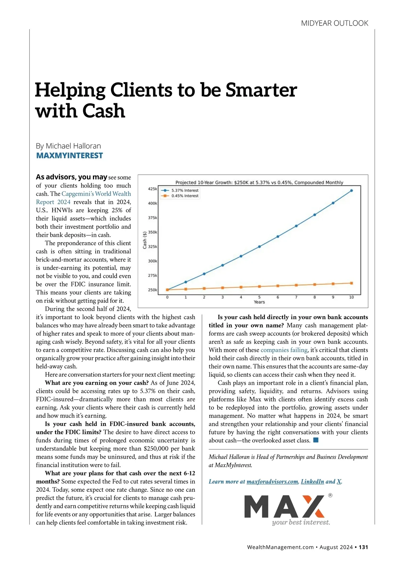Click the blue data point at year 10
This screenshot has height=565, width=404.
[351, 190]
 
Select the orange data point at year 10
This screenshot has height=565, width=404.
[351, 283]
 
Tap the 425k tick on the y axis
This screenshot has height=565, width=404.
[153, 189]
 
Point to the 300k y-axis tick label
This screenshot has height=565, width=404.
[153, 261]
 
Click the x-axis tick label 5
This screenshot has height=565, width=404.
[259, 297]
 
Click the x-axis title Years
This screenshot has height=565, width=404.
[259, 302]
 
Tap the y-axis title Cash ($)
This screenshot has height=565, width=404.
[145, 240]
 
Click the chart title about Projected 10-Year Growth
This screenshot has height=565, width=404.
[259, 182]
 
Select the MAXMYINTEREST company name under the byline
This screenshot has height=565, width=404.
[69, 155]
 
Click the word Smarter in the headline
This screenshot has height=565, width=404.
[261, 90]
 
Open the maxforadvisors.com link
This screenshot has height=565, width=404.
[272, 482]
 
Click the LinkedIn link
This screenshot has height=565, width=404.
[312, 482]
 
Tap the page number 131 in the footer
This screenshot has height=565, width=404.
[363, 547]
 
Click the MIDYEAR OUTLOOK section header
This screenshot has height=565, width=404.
[335, 23]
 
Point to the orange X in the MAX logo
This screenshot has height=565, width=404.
[313, 506]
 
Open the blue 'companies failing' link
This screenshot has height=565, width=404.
[284, 350]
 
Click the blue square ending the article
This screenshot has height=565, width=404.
[316, 440]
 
